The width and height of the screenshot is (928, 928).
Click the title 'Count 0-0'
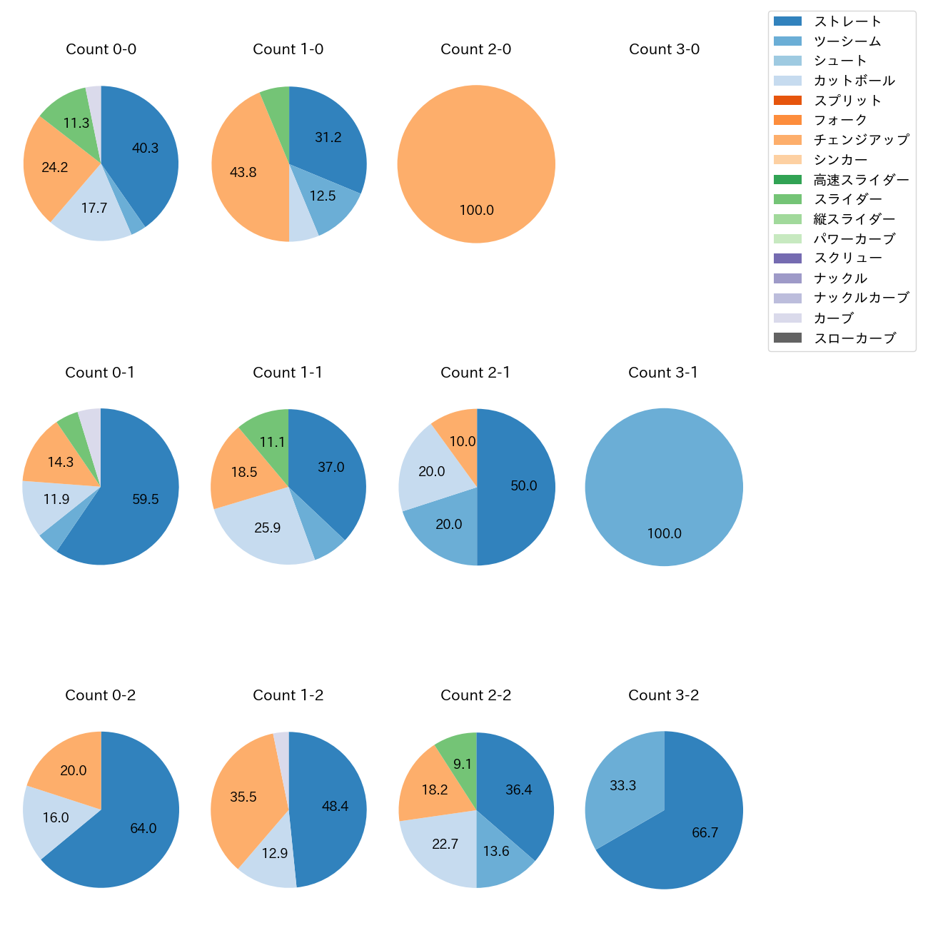[x=101, y=49]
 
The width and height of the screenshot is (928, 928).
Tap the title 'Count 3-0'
[x=664, y=49]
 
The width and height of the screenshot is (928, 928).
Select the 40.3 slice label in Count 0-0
[x=145, y=148]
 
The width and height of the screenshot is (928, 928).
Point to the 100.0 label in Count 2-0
[x=476, y=211]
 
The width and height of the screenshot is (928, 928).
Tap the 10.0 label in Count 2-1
[x=462, y=442]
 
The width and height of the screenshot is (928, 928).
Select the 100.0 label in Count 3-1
[x=664, y=534]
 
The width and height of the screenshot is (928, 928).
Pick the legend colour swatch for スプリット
[x=787, y=101]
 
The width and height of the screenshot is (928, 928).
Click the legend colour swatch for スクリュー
[x=787, y=258]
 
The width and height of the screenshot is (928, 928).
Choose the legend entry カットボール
[x=854, y=81]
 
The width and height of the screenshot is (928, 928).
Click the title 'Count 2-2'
[x=475, y=695]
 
